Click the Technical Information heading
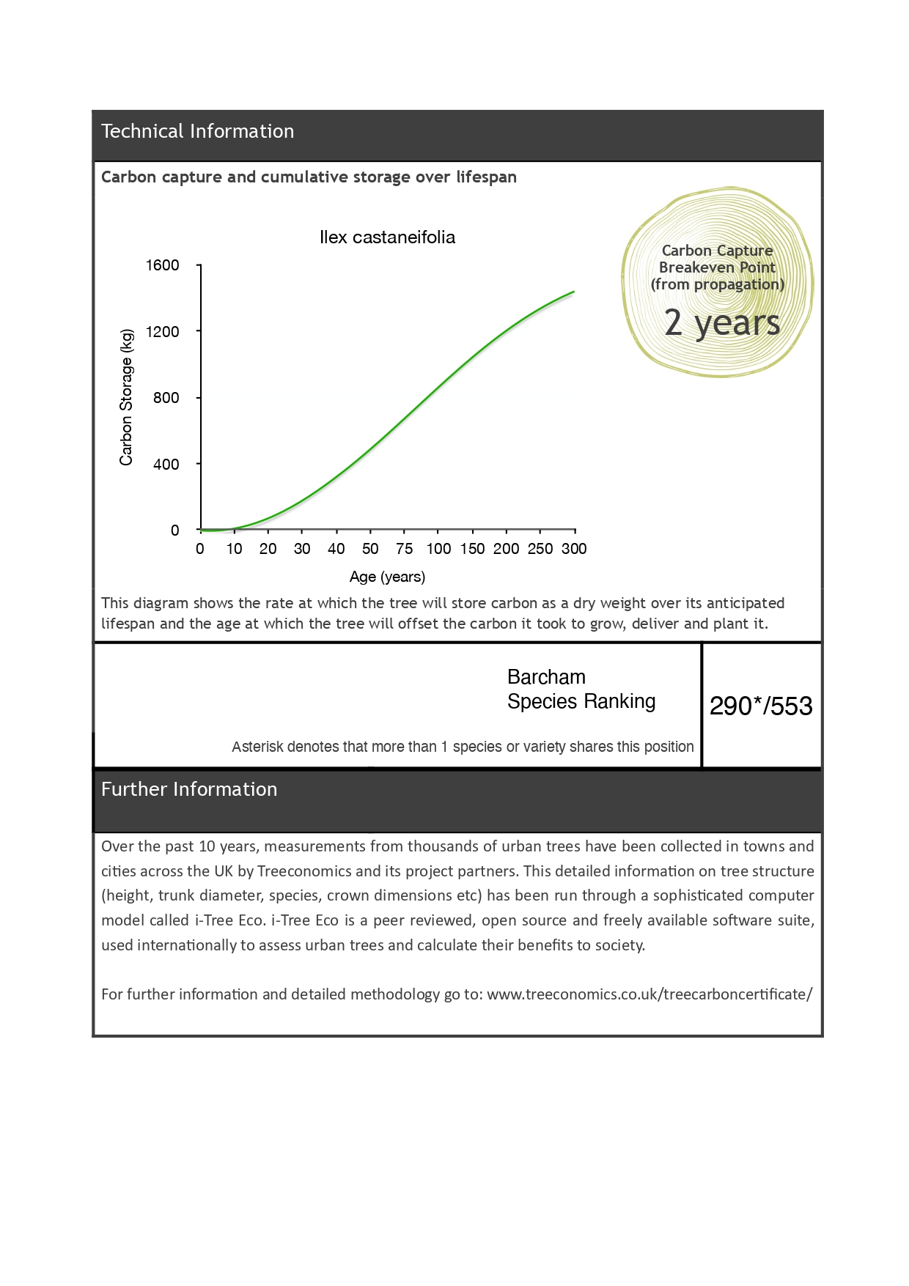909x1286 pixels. click(x=197, y=131)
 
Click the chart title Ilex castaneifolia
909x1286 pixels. click(x=387, y=237)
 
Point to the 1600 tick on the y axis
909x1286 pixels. click(x=162, y=265)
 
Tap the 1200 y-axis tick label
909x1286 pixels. click(x=162, y=332)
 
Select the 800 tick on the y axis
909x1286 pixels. click(x=166, y=398)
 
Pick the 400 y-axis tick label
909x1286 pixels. click(x=166, y=465)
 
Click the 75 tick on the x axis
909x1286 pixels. click(x=404, y=549)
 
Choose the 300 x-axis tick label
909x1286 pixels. click(x=574, y=549)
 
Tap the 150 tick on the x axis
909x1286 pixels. click(x=472, y=549)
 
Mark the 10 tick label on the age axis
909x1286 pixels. click(x=234, y=549)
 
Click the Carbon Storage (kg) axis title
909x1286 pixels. click(x=126, y=397)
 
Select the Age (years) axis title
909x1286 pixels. click(x=387, y=577)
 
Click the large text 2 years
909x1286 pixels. click(x=721, y=322)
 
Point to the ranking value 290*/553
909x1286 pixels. click(x=761, y=706)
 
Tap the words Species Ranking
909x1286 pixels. click(x=581, y=701)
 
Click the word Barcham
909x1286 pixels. click(x=546, y=677)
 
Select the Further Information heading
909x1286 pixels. click(x=189, y=789)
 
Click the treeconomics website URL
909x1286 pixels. click(x=649, y=994)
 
